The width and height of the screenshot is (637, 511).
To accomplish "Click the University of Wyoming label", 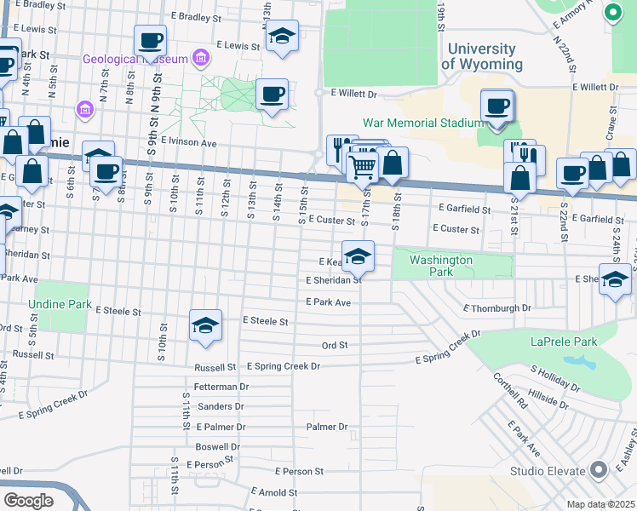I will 481,56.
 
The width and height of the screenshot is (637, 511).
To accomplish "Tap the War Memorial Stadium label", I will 423,123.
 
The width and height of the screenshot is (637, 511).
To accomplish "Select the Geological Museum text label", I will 135,59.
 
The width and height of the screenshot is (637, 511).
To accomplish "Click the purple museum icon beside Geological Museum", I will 201,58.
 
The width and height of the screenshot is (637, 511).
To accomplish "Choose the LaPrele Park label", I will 560,342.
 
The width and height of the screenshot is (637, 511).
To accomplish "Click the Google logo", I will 28,500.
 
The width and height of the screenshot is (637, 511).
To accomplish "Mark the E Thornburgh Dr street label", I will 497,307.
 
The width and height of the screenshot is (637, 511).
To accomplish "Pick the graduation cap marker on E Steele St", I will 205,326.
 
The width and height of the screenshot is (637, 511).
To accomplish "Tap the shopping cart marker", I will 363,166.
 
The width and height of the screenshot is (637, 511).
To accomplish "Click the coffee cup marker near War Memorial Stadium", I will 496,106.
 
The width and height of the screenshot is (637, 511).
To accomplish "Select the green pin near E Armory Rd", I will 611,13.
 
